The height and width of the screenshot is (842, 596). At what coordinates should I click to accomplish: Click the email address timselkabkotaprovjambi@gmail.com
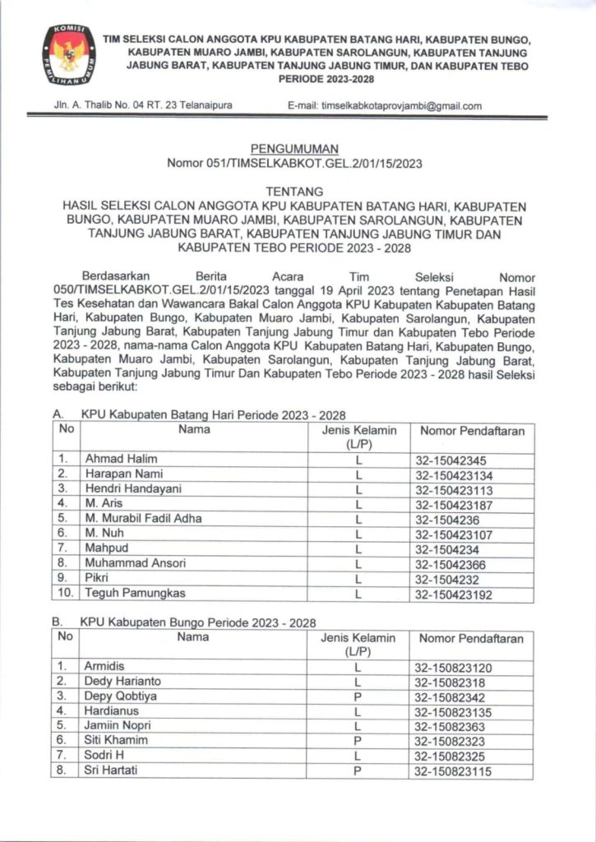(x=385, y=106)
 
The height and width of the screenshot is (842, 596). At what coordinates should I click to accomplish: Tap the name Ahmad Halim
(x=120, y=459)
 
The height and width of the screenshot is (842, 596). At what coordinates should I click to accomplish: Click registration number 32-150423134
(x=465, y=474)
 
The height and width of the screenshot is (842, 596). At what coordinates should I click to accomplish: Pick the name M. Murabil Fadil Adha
(x=142, y=518)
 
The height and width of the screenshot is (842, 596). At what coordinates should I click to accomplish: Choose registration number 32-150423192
(x=465, y=593)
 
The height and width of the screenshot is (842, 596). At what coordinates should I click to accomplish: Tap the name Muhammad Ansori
(x=135, y=563)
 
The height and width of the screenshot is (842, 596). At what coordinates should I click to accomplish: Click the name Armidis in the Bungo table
(x=104, y=666)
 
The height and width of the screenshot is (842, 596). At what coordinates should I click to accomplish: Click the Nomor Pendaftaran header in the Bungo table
(x=471, y=638)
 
